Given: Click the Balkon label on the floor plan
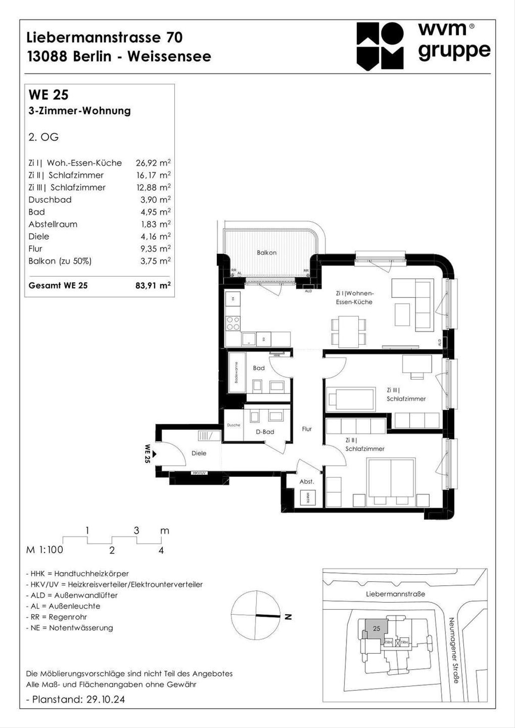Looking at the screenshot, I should tap(267, 252).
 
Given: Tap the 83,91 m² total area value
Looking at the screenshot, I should tap(153, 285).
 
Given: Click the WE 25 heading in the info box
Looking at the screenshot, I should tap(48, 95).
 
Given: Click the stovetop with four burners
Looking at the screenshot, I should tap(233, 323).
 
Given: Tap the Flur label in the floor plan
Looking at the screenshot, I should tap(307, 429).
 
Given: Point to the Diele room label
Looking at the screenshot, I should tap(199, 453).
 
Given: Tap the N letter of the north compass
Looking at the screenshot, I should tap(288, 617).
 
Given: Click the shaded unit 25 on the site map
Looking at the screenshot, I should tap(376, 629).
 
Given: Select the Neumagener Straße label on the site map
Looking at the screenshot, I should tap(454, 650).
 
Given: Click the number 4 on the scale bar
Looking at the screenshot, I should tap(161, 550).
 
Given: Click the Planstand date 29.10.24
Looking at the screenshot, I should tap(106, 699).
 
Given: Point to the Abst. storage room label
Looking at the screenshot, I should tap(306, 482).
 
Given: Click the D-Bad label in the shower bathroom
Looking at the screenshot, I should tap(265, 432).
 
